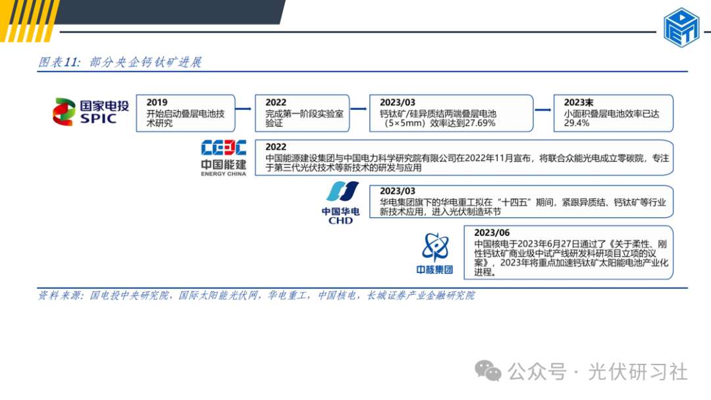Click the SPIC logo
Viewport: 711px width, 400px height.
(x=92, y=111)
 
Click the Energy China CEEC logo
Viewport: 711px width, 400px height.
(x=224, y=157)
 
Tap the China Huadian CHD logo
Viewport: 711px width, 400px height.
(x=340, y=203)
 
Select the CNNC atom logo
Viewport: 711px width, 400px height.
(x=434, y=252)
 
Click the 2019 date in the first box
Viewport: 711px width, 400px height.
(x=157, y=103)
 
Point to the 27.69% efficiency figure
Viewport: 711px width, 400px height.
(x=481, y=123)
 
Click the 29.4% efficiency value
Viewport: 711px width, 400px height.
(x=576, y=123)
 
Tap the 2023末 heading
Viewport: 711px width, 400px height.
(x=579, y=103)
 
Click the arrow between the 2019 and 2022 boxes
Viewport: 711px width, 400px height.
(x=245, y=109)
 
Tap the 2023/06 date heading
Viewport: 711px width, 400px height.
(x=491, y=233)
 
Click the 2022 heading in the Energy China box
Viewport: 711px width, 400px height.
(x=276, y=147)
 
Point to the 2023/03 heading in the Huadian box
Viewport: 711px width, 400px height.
(x=398, y=191)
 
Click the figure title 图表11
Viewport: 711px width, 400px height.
(x=59, y=63)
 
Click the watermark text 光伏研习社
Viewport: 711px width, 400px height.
(x=638, y=372)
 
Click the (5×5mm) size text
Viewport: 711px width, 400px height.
(x=404, y=123)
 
